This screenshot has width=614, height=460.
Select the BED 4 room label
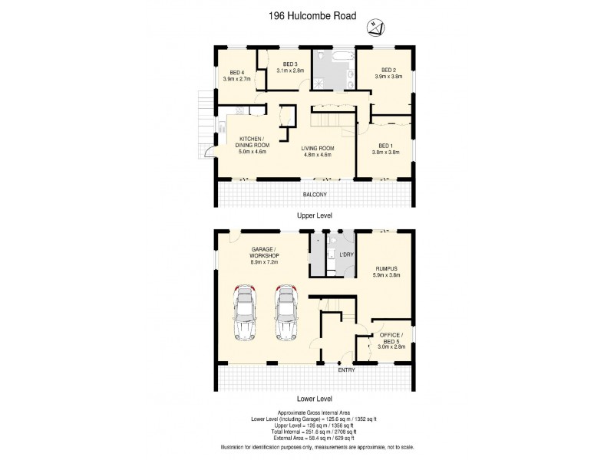236,75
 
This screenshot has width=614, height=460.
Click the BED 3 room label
290,67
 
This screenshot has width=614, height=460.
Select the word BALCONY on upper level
316,194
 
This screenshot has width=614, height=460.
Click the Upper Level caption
316,217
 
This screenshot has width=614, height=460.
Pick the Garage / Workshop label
264,254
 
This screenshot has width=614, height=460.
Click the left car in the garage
246,311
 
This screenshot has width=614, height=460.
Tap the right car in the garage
287,311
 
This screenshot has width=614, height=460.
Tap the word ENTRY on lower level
347,370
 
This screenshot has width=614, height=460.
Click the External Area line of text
316,438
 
